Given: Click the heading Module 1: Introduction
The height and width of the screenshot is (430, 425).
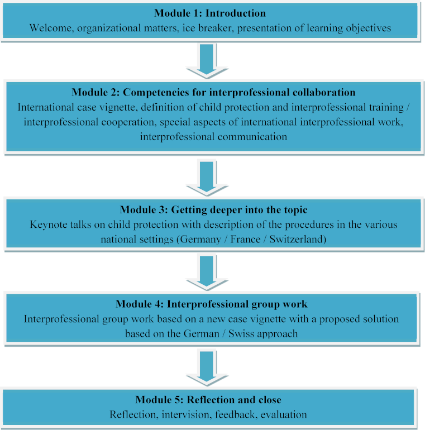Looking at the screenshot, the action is point(210,13).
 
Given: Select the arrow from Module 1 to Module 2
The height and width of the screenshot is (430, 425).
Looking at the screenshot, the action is point(207,60).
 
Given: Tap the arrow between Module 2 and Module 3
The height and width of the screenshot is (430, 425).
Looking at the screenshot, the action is point(207,178).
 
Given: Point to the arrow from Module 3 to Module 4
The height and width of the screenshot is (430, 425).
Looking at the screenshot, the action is point(207,272).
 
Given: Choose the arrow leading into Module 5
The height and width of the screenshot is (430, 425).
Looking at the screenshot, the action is point(207,367).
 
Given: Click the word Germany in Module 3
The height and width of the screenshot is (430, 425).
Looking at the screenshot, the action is point(200,240).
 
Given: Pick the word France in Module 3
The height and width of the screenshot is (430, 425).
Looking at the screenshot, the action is point(245,240).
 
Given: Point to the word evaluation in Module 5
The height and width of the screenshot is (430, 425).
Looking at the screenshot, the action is point(284,414).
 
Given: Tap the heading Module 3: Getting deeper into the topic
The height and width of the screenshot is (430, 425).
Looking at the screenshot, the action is point(213,210).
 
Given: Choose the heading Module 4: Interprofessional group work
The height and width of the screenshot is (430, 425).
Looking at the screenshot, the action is point(212,304).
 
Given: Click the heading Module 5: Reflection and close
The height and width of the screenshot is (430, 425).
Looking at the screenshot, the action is point(208,400).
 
